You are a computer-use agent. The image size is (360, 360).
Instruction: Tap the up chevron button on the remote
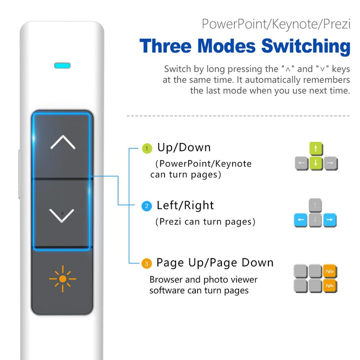(x=62, y=143)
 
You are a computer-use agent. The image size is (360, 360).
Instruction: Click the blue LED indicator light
(x=62, y=65)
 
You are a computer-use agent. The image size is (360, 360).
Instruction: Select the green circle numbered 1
(x=146, y=148)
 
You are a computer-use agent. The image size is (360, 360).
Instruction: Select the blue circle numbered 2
(x=146, y=206)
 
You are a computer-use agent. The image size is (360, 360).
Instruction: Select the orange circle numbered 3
(x=146, y=263)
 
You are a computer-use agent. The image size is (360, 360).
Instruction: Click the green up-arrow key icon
(x=316, y=148)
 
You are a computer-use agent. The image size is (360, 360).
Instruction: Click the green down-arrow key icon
(x=316, y=163)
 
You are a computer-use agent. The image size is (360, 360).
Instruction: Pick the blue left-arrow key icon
(x=301, y=220)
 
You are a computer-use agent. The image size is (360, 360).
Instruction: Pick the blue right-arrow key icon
(x=330, y=220)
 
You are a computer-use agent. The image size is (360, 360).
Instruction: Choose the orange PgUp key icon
(x=329, y=271)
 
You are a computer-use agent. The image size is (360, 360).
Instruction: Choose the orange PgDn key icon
(x=329, y=285)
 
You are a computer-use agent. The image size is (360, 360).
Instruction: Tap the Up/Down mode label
(x=183, y=148)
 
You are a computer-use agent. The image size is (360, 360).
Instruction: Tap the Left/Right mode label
(x=185, y=205)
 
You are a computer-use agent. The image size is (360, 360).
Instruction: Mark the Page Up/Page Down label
(x=215, y=263)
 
